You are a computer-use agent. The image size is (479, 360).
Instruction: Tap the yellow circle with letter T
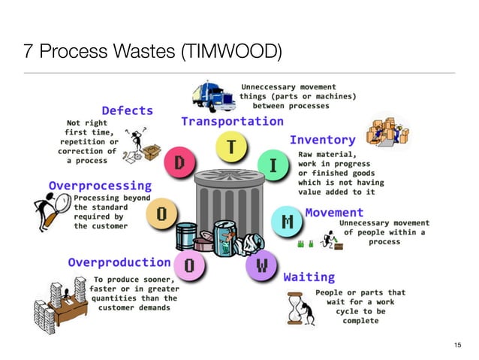tap(233, 148)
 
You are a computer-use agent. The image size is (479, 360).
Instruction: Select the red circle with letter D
tap(179, 163)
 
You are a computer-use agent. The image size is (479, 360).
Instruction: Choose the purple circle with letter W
tap(261, 265)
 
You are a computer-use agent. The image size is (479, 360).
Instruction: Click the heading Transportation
tap(232, 121)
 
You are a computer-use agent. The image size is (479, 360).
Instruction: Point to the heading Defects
tap(128, 110)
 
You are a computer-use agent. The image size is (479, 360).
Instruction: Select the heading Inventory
tap(322, 140)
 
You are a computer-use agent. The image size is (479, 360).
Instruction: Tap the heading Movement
tap(334, 213)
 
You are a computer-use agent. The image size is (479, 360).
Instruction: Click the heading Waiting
tap(309, 277)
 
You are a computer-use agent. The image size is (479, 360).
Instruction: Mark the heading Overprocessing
tap(100, 185)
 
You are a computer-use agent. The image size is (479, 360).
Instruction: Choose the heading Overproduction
tap(119, 262)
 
